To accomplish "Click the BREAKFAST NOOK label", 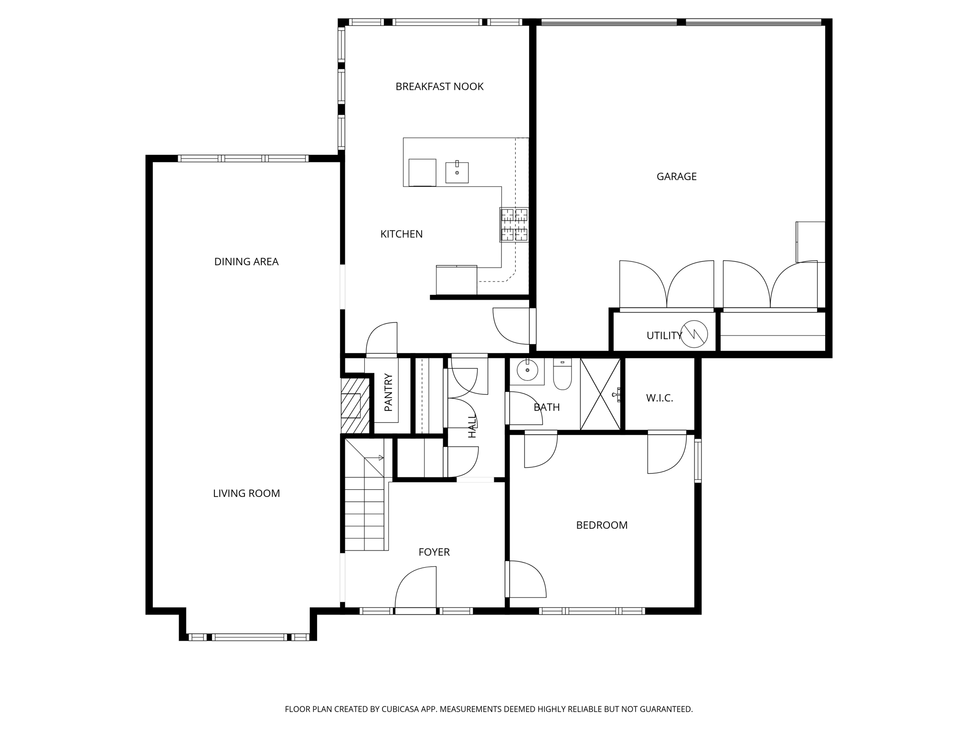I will click(439, 86).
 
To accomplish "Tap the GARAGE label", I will click(676, 176).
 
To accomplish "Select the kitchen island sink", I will click(457, 172).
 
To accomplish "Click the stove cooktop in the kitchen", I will click(514, 225).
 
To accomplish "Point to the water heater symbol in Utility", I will click(693, 334).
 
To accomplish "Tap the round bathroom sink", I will click(527, 370).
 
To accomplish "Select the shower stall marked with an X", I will click(600, 394).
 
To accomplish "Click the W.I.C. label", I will click(659, 398).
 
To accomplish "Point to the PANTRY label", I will click(388, 392).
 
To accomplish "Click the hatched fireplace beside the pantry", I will click(354, 405).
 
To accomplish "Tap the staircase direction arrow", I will click(381, 458).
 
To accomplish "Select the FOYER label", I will click(434, 552).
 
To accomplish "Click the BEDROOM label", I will click(601, 525).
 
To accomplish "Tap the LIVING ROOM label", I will click(246, 493).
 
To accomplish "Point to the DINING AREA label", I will click(246, 261).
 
